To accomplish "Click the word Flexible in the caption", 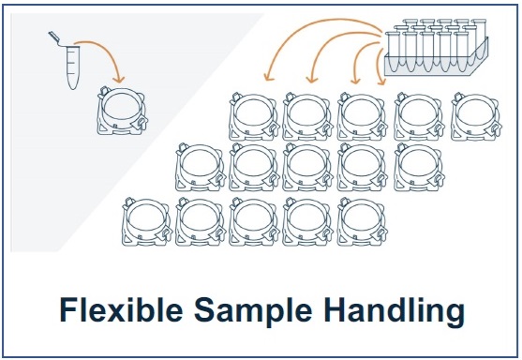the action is point(121,309).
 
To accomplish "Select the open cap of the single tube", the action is point(54,37).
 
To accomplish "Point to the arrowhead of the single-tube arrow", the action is point(118,80).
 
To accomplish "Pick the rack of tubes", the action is point(437,47).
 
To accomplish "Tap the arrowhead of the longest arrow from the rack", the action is point(268,77).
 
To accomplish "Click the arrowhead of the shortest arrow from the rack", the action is point(381,82).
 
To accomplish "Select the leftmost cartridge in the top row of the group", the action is point(254,116).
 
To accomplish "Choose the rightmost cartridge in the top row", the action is point(476,116).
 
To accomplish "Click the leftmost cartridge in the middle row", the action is point(201,167).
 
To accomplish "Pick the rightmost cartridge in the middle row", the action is point(419,167).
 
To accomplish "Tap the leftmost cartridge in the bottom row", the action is point(147,221).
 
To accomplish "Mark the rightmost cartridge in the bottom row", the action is point(362,221).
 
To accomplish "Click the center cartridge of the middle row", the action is point(307,167).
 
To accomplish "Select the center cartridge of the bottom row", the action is point(254,221).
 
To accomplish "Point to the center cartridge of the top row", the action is point(362,116).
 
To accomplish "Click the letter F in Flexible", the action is point(67,309).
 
